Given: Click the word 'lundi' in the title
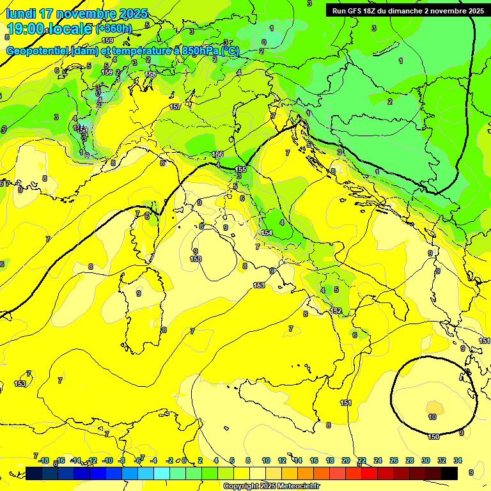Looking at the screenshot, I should [x=20, y=13].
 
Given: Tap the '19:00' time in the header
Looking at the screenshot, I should [x=26, y=29].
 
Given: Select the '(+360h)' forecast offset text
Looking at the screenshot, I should [x=114, y=29].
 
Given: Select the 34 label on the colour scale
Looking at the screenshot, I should [x=458, y=460].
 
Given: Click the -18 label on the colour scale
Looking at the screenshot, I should [x=43, y=460].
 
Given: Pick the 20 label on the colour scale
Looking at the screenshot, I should [x=346, y=460].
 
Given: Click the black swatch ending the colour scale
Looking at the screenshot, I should [x=449, y=473].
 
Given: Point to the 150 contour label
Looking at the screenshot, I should [x=433, y=437].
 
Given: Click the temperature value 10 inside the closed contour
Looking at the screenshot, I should [x=432, y=417].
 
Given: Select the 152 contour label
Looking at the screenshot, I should [x=336, y=311].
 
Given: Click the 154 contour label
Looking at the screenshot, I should [x=267, y=233].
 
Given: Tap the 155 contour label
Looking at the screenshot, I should [x=241, y=169].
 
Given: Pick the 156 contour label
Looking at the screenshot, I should [x=217, y=155].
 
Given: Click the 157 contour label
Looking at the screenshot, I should [x=175, y=107].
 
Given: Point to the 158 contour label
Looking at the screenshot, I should [x=150, y=75].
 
